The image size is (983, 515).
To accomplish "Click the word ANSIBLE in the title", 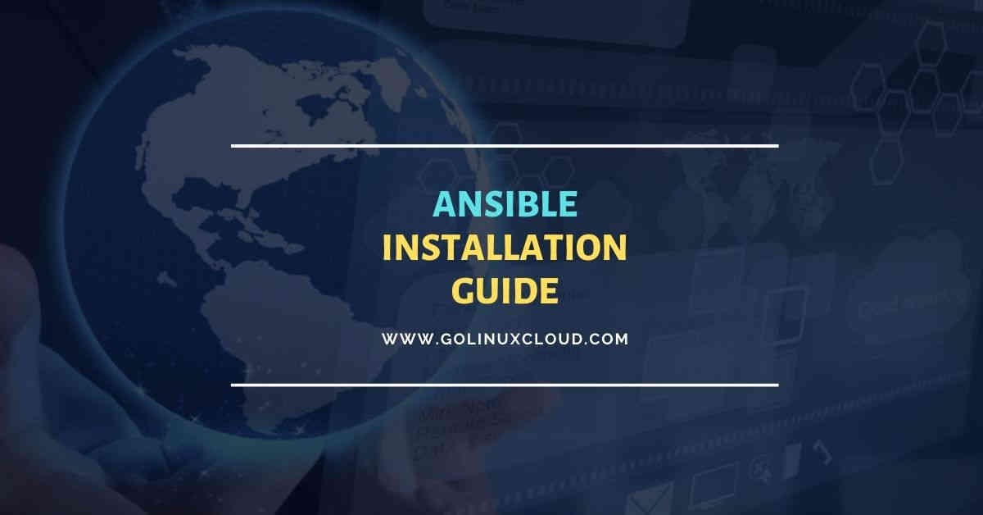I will [x=505, y=205].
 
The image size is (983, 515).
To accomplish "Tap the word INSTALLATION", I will [x=505, y=248].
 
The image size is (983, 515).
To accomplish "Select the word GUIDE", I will [x=505, y=291].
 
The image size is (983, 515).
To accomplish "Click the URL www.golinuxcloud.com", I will [x=505, y=338].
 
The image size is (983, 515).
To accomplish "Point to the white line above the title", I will [x=505, y=146].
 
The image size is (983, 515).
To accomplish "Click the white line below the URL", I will [x=505, y=384].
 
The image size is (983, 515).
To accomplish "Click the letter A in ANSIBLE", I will [x=443, y=205].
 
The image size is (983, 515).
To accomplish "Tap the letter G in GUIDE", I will [x=464, y=291].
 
